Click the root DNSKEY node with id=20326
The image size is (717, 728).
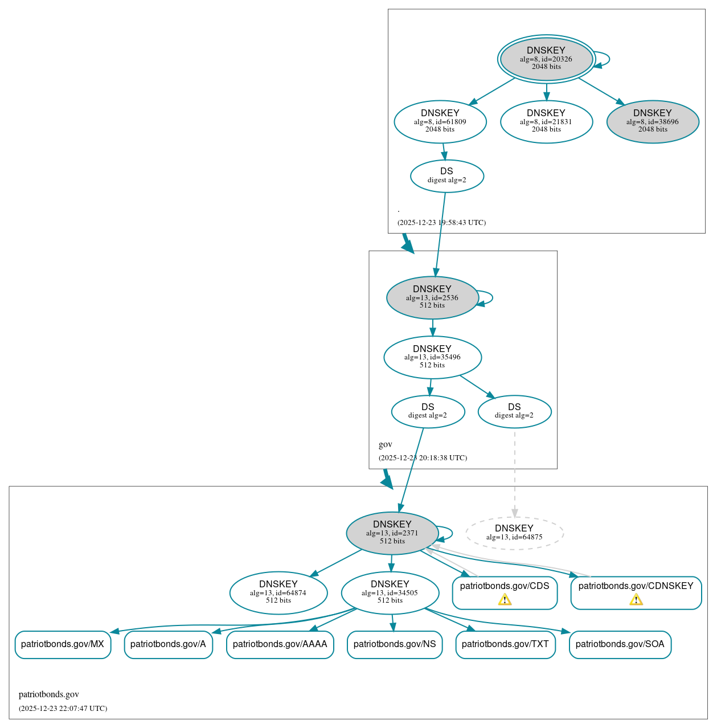546,59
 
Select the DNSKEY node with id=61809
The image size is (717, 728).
440,121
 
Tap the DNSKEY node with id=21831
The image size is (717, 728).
546,121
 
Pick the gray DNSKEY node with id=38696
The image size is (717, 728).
652,121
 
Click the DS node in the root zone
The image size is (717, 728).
446,176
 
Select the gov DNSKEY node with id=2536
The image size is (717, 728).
432,297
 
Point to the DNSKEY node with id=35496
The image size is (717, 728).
432,357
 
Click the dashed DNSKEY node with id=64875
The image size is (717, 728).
514,533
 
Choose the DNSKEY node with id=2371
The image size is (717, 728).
392,533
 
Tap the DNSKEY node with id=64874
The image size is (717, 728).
278,592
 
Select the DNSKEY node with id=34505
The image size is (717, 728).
390,592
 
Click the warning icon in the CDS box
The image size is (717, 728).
505,599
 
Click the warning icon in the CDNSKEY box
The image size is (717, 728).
636,599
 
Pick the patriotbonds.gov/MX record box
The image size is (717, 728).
63,644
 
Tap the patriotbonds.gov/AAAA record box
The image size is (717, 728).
280,644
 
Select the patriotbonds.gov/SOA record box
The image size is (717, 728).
620,644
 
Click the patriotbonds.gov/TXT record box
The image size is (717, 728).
505,644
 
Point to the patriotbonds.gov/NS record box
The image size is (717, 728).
394,644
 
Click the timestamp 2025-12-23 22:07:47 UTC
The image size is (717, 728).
63,709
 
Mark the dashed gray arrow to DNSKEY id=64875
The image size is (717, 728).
515,473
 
